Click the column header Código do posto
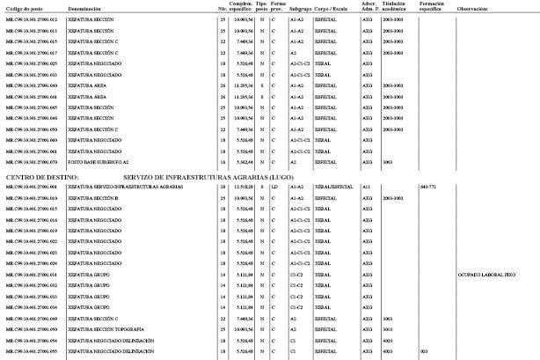pos(25,7)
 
